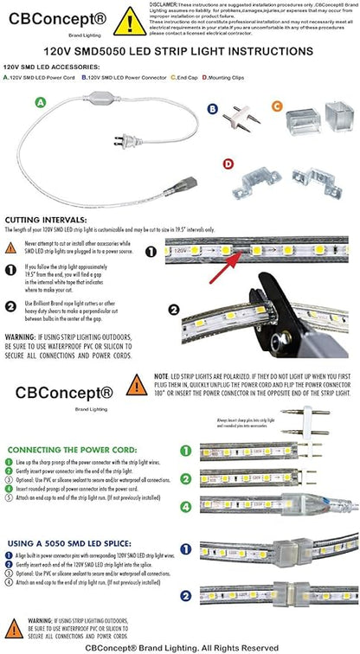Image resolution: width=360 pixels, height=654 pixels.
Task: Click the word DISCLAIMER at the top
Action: point(172,3)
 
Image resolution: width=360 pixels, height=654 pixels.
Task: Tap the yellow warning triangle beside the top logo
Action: point(129,21)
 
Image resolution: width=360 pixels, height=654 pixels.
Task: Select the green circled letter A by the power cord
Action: point(39,101)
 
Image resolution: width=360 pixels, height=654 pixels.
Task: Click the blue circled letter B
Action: point(212,108)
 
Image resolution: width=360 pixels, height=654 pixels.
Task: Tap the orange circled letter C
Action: point(277,106)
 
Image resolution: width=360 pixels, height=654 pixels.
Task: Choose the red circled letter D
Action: point(228,163)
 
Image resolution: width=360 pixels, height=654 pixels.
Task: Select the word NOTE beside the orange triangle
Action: point(162,377)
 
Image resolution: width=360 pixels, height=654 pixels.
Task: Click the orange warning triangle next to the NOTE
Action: point(136,384)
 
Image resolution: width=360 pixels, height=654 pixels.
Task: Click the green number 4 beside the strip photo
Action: point(183,503)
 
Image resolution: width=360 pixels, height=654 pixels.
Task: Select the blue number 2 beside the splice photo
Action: point(185,594)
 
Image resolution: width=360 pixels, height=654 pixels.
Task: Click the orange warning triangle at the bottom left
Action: point(14,628)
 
